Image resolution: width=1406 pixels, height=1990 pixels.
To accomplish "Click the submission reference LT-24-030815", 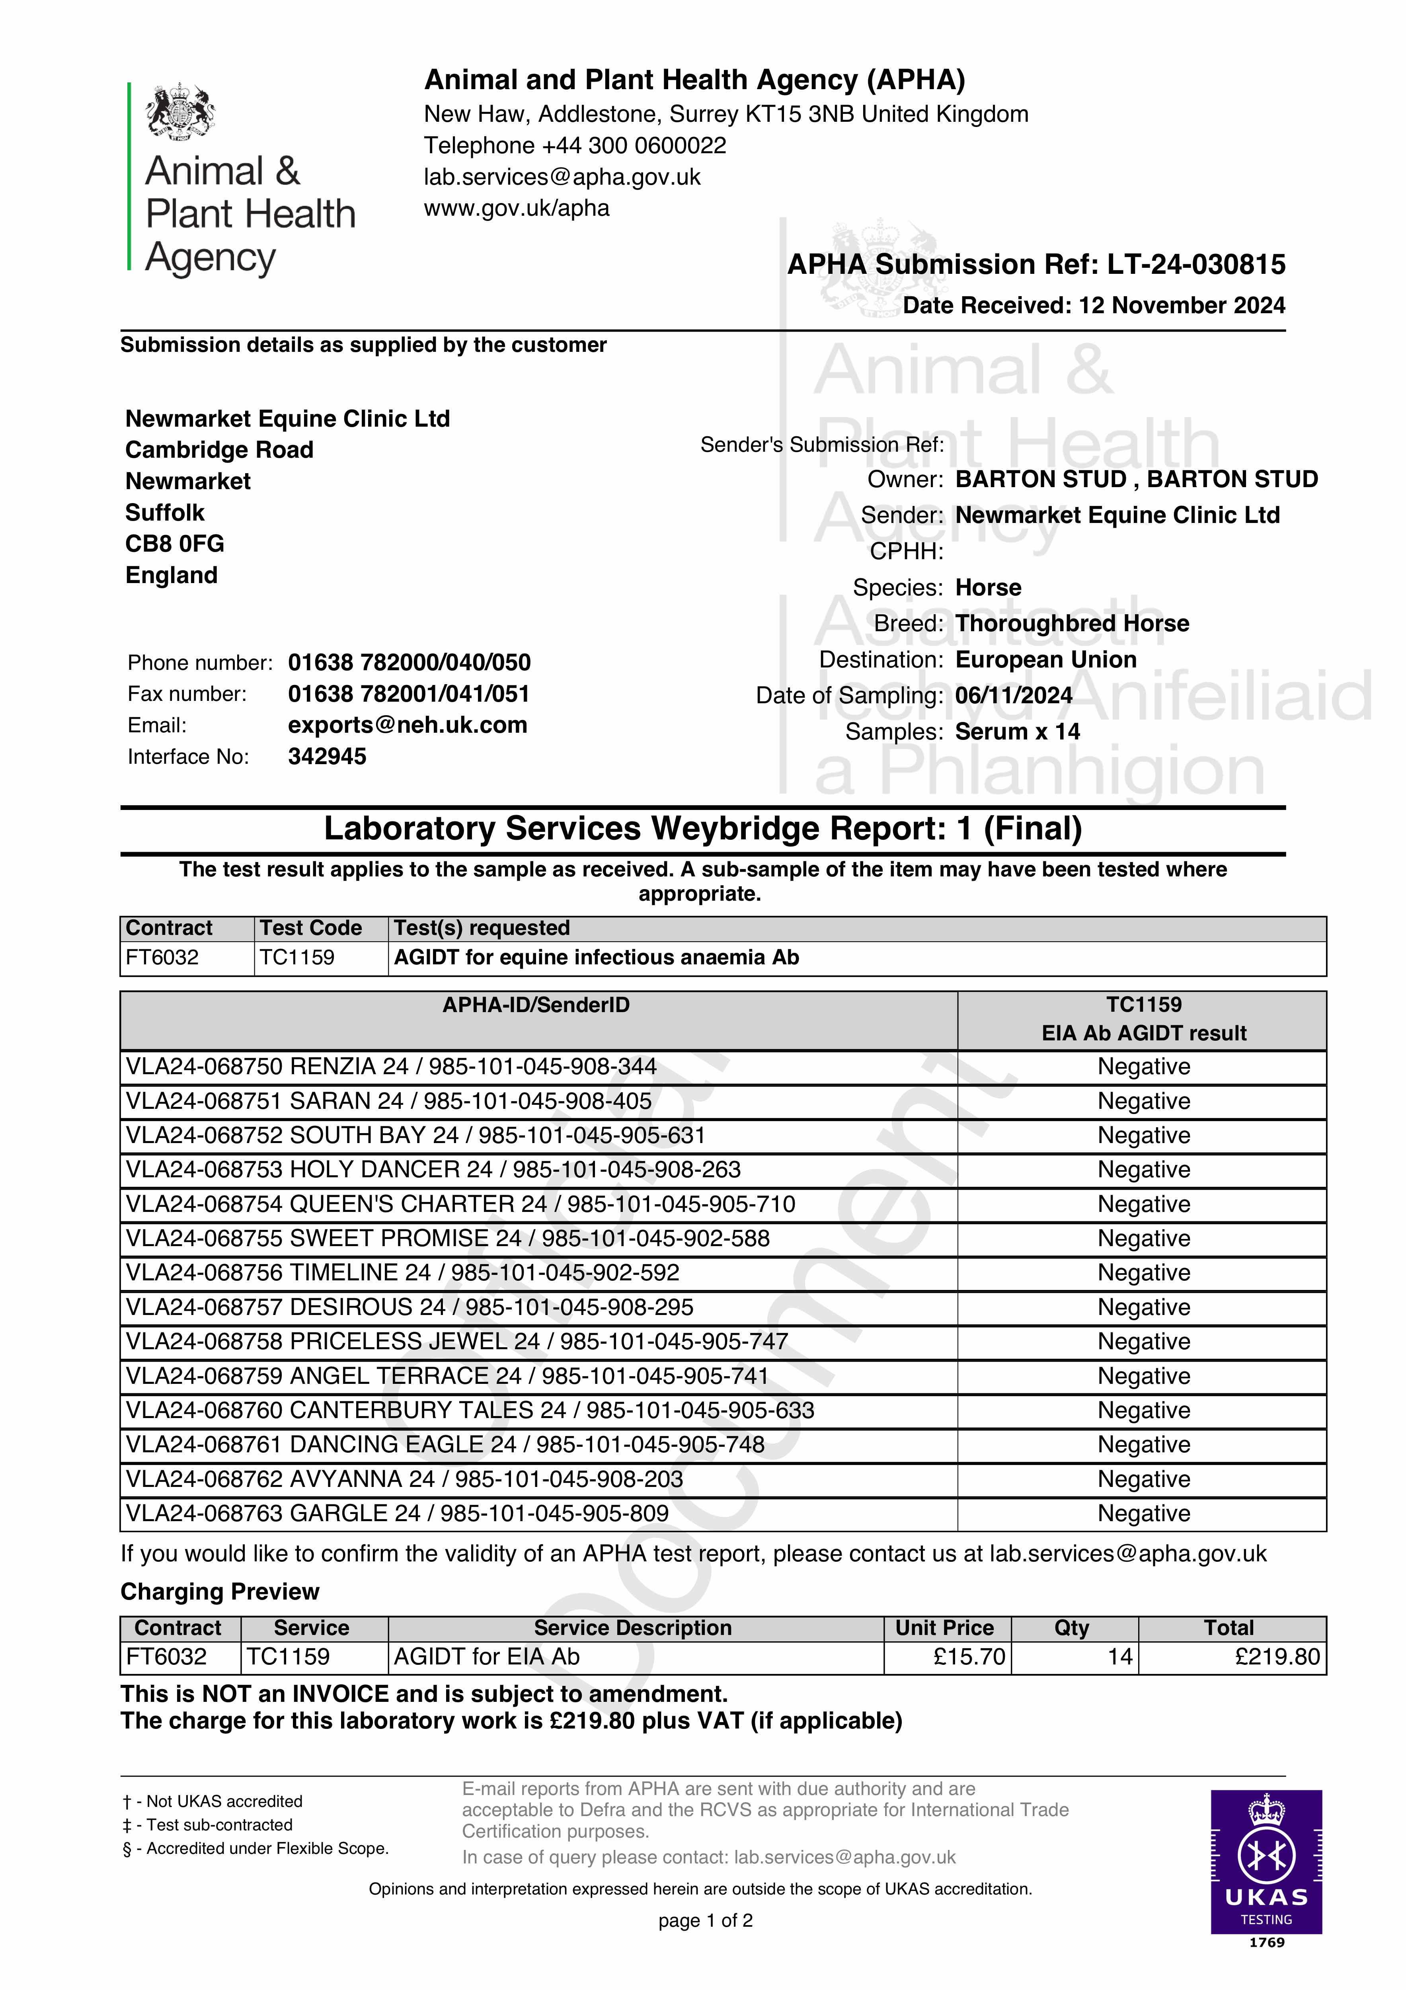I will pyautogui.click(x=1196, y=264).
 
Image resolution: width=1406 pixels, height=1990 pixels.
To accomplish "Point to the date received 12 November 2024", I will pyautogui.click(x=1182, y=305).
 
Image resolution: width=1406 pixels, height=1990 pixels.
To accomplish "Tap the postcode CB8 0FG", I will pyautogui.click(x=175, y=543).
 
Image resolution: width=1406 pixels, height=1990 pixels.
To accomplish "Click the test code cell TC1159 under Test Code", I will pyautogui.click(x=297, y=958).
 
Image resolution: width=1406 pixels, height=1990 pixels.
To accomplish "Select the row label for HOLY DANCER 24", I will pyautogui.click(x=433, y=1170).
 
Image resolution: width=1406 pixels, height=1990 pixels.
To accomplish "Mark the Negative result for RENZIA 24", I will pyautogui.click(x=1143, y=1067).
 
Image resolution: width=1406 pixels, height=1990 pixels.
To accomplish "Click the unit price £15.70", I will pyautogui.click(x=969, y=1657).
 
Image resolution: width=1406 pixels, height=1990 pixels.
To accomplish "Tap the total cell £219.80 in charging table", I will pyautogui.click(x=1277, y=1657).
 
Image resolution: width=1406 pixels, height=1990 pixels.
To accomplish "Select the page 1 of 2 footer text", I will pyautogui.click(x=705, y=1921).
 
